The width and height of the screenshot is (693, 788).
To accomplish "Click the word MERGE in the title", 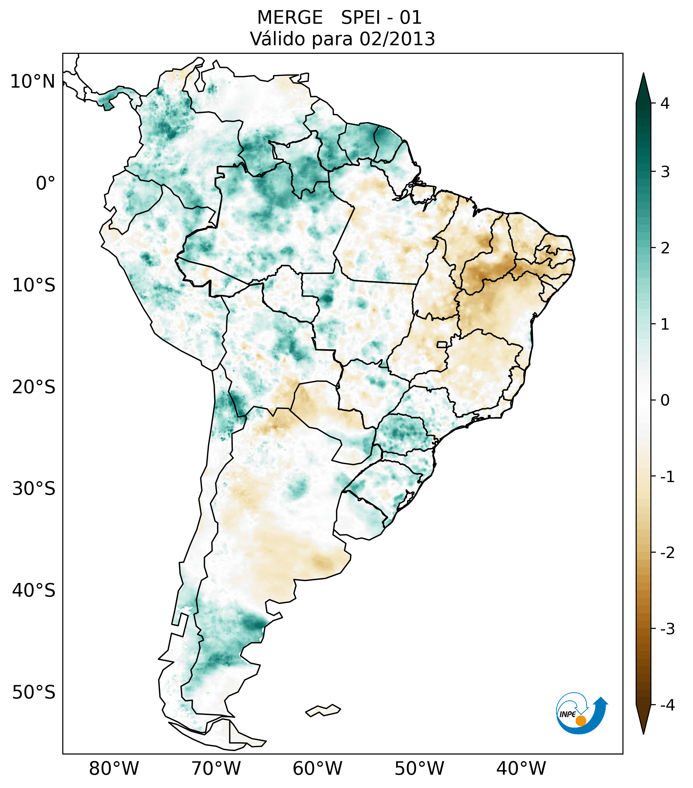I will (x=290, y=18).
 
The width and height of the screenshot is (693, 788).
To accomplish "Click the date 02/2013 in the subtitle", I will (x=397, y=39).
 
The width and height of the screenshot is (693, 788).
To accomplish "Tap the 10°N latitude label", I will (x=33, y=82).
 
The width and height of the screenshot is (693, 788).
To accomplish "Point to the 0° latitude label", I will (x=46, y=183).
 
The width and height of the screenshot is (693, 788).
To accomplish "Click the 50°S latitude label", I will (x=34, y=692).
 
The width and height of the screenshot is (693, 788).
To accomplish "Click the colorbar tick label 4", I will (x=665, y=103).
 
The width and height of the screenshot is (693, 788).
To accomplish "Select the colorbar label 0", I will (x=665, y=400).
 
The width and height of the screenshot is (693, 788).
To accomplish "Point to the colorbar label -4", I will (x=667, y=705).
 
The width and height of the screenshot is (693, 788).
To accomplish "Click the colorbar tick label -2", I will (x=667, y=553).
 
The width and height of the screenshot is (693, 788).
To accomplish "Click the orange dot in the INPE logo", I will (x=581, y=721).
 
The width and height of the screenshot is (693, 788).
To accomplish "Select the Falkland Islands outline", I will (x=323, y=710).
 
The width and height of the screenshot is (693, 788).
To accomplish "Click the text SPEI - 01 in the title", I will (x=381, y=18).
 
